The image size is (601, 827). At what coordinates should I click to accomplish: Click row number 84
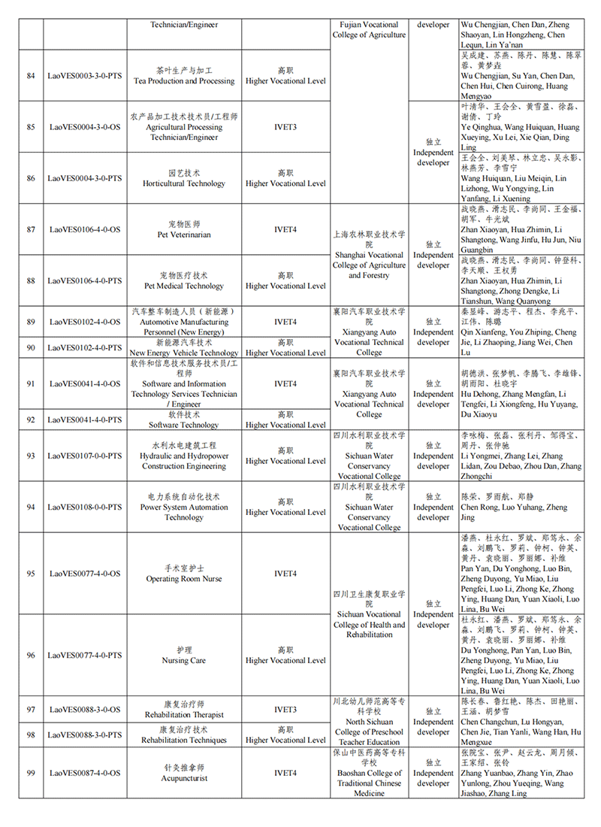(x=31, y=76)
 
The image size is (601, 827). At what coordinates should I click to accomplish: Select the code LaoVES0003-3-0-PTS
(x=84, y=76)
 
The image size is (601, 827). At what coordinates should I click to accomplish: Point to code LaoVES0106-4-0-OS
(x=84, y=229)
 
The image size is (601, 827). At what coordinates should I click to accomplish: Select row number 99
(x=31, y=773)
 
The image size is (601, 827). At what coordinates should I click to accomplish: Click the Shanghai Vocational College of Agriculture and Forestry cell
(x=369, y=255)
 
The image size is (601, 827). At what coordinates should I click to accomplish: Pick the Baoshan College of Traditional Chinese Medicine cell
(x=369, y=773)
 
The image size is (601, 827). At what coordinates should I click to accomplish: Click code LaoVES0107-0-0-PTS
(x=84, y=456)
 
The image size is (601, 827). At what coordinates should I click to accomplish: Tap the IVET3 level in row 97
(x=285, y=710)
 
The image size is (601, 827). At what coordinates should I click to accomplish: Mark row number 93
(x=31, y=456)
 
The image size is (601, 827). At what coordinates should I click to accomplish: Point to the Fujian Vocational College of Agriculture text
(x=369, y=30)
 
